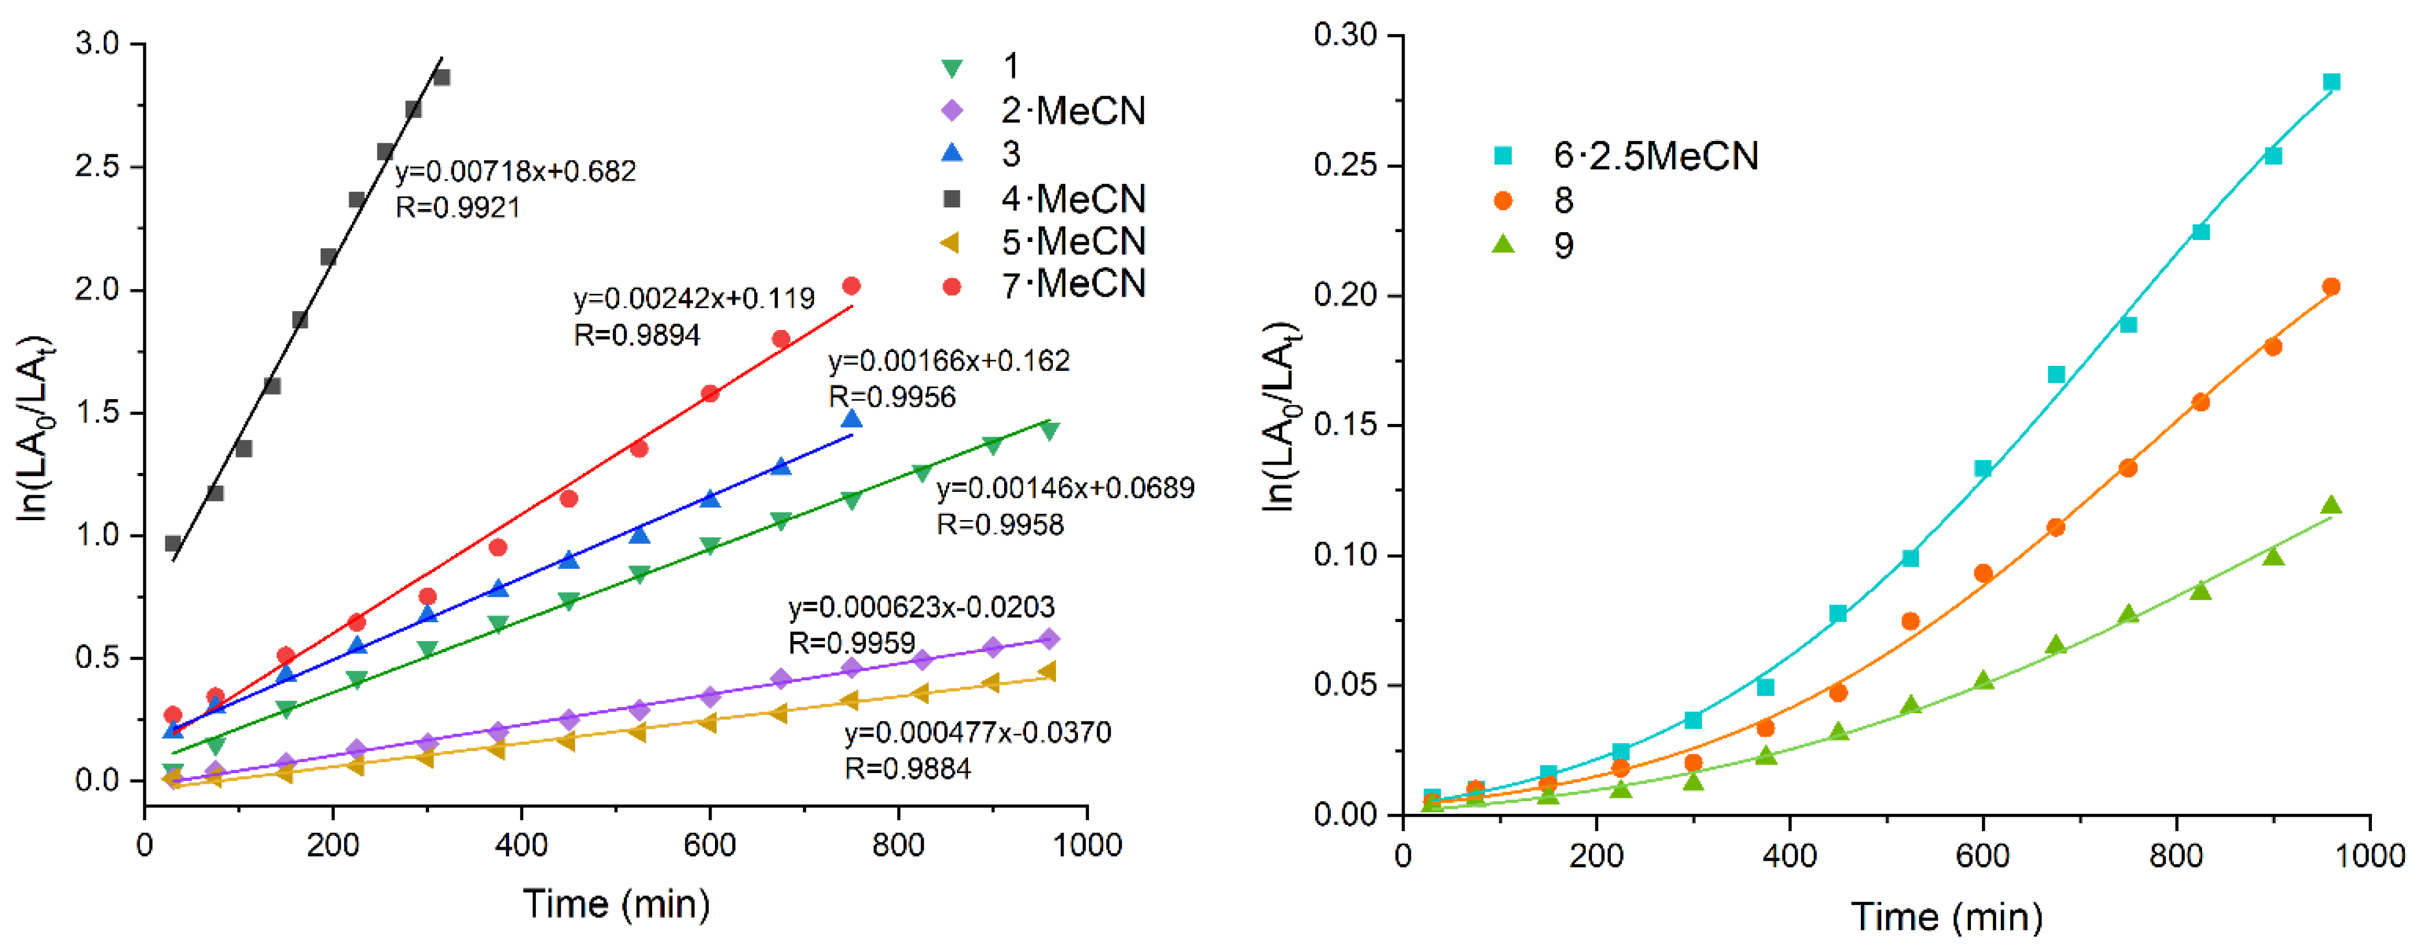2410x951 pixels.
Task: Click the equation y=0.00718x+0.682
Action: click(516, 171)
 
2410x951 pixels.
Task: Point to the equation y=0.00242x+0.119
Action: click(694, 298)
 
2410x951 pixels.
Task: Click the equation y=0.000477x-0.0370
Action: click(978, 732)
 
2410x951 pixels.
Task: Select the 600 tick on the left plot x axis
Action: click(709, 846)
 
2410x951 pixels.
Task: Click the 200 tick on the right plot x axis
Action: click(1596, 855)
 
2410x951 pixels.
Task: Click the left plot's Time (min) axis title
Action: click(615, 904)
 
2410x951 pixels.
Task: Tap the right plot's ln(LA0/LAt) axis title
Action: click(1280, 416)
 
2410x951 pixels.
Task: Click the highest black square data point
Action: click(441, 77)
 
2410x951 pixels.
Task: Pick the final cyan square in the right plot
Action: click(2332, 82)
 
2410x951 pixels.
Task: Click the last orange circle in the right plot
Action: click(2332, 287)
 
